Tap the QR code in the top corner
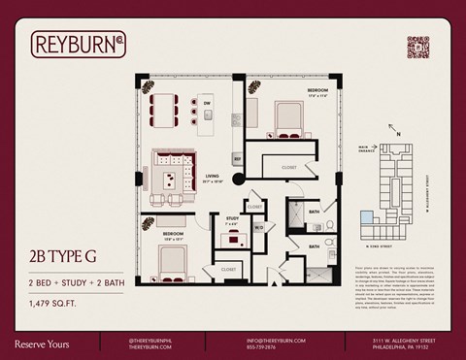tap(417, 48)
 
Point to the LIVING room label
tap(213, 177)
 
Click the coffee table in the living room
tap(169, 179)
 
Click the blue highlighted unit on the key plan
tap(367, 217)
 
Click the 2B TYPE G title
tap(61, 256)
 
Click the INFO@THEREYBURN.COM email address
tap(276, 340)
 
